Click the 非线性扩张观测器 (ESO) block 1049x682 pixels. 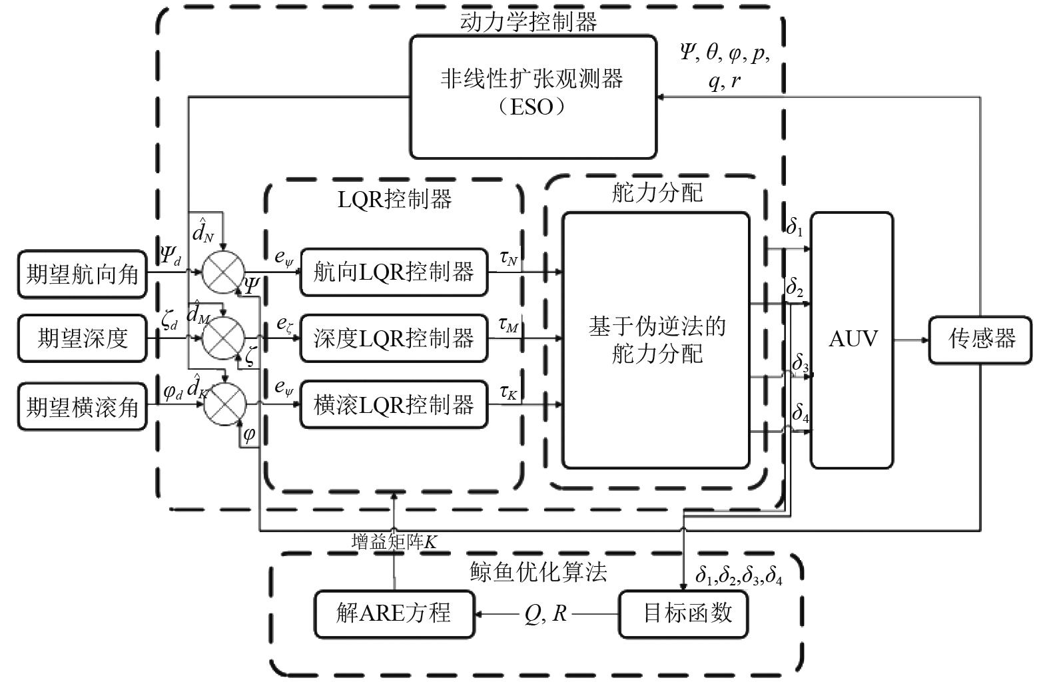click(x=533, y=97)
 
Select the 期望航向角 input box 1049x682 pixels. click(x=82, y=274)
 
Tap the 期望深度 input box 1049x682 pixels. click(x=82, y=338)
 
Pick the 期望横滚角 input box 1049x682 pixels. click(x=82, y=406)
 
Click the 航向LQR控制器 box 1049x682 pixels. click(x=393, y=272)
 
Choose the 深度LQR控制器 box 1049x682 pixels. click(x=393, y=338)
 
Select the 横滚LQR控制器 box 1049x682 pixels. click(x=393, y=405)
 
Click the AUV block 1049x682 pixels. click(x=852, y=340)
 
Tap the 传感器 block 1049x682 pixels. click(x=981, y=340)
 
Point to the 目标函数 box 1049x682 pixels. click(x=687, y=613)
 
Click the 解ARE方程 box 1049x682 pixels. click(x=394, y=613)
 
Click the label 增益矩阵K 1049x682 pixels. click(x=394, y=542)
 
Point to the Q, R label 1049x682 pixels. click(x=545, y=613)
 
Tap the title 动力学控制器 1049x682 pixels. click(x=528, y=22)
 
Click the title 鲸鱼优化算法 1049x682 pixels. click(x=538, y=572)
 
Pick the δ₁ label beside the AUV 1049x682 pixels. click(x=794, y=227)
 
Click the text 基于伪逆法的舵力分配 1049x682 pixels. click(x=656, y=340)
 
